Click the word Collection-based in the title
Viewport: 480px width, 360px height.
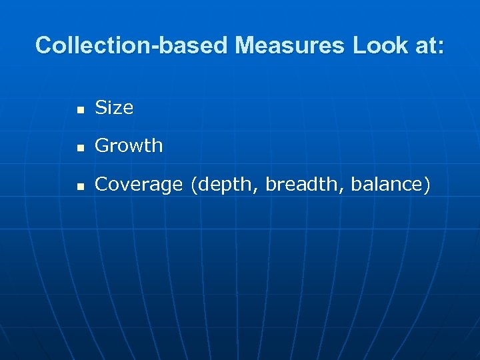click(x=132, y=46)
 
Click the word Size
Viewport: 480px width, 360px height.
click(x=114, y=108)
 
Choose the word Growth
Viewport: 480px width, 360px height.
click(x=129, y=146)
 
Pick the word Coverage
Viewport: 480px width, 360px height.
click(x=139, y=185)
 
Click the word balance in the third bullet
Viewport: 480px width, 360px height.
click(x=384, y=185)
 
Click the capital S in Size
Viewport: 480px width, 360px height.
click(x=101, y=108)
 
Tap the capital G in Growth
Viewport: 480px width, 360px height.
click(x=102, y=146)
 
